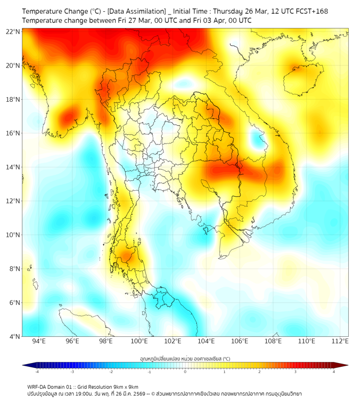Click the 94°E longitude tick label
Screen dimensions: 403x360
tap(39, 341)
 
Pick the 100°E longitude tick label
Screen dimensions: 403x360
tap(139, 341)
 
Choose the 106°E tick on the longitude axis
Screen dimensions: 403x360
tap(240, 341)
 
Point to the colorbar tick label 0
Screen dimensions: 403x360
tap(185, 371)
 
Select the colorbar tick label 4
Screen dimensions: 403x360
tap(334, 371)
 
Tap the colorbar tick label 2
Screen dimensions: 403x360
tap(260, 371)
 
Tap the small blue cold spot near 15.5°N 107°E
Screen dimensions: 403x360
tap(259, 141)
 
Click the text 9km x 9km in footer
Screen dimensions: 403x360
tap(126, 386)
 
